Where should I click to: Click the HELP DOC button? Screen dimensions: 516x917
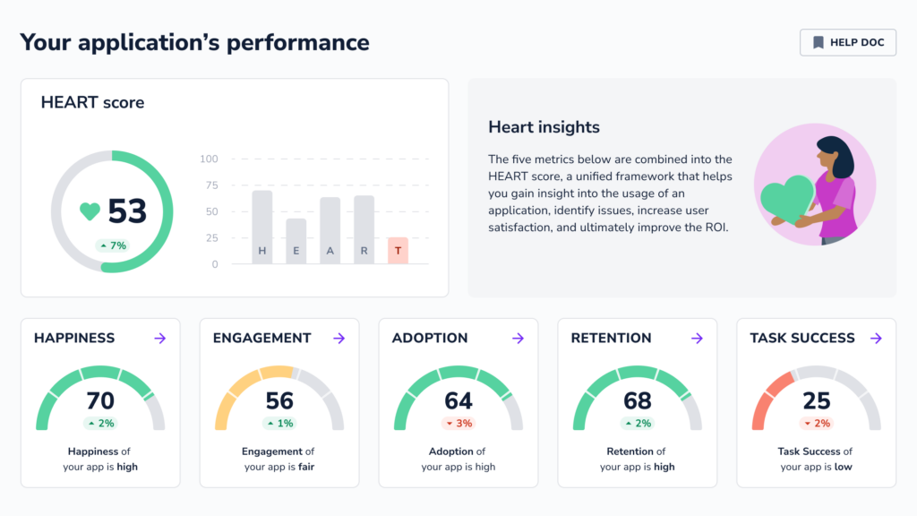tap(847, 42)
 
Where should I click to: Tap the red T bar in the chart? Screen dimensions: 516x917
tap(398, 251)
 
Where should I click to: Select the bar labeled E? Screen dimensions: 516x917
tap(296, 241)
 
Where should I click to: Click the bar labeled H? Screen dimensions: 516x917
tap(261, 228)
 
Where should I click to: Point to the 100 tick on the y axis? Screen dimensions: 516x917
tap(209, 159)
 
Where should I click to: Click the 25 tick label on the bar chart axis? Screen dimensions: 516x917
tap(211, 238)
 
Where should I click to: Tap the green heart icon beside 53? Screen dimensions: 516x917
tap(90, 211)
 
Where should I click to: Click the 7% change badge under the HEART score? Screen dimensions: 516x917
tap(113, 245)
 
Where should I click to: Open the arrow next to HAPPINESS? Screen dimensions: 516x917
tap(160, 338)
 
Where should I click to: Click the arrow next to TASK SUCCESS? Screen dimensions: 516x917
tap(876, 338)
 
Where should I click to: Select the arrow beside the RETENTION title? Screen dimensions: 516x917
tap(697, 338)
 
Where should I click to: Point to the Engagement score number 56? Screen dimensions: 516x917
tap(279, 400)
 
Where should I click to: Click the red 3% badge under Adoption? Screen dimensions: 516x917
tap(458, 423)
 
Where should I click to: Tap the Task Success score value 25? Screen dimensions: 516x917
tap(817, 400)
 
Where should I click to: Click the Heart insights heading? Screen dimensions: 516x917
tap(544, 127)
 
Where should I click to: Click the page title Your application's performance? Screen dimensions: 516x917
tap(194, 42)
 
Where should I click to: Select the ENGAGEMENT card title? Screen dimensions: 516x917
tap(261, 338)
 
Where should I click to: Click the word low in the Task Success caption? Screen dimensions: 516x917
tap(843, 467)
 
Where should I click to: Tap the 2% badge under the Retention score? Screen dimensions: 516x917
tap(638, 423)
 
